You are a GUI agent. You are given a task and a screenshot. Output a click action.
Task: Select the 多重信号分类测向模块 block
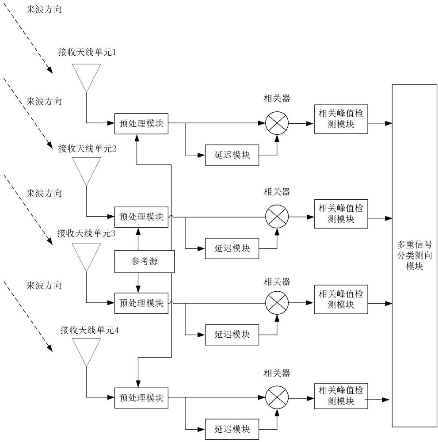point(414,255)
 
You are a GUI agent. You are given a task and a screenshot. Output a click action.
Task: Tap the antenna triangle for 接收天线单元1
point(87,76)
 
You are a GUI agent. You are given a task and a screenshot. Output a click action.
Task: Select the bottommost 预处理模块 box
point(141,397)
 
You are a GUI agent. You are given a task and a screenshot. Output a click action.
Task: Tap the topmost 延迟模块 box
point(232,155)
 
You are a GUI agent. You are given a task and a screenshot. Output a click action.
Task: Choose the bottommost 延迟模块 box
point(232,429)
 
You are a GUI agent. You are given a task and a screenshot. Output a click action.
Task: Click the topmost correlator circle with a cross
point(277,123)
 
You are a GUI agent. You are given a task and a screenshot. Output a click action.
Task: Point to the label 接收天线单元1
point(87,53)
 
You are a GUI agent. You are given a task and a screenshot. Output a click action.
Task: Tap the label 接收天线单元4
point(90,330)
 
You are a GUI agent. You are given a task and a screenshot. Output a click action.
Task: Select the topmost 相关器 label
point(277,98)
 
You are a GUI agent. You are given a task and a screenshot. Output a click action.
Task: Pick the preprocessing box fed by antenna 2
point(141,217)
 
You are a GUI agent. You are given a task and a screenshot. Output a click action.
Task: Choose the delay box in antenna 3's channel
point(232,334)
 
